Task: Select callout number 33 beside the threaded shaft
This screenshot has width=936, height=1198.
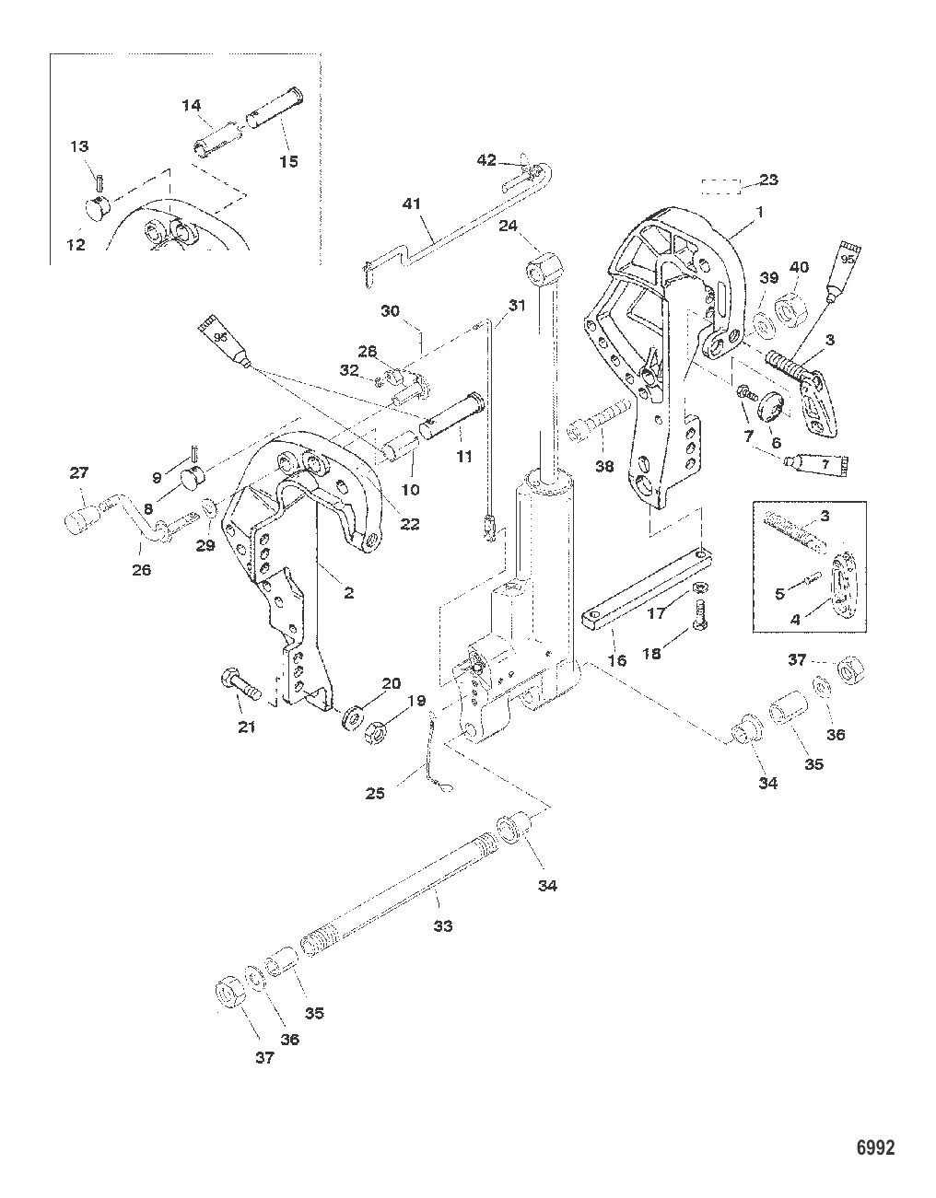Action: click(x=443, y=926)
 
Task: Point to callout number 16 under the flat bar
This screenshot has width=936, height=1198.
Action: click(x=616, y=660)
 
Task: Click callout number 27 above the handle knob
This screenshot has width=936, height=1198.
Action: click(x=79, y=474)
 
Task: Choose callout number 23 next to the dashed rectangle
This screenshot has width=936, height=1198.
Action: click(x=767, y=180)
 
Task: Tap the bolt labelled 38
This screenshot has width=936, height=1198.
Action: click(x=590, y=431)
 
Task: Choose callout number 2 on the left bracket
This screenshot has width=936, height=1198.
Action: click(x=348, y=594)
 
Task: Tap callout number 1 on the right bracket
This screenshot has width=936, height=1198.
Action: click(x=760, y=211)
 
